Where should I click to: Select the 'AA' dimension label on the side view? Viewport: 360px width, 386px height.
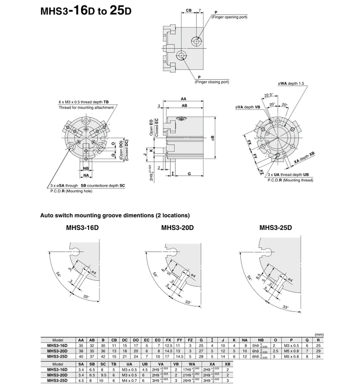point(183,99)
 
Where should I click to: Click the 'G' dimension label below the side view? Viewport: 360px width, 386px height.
point(189,174)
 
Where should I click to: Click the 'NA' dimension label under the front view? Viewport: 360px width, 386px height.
point(86,175)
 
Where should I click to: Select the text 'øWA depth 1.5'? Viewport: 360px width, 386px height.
point(291,83)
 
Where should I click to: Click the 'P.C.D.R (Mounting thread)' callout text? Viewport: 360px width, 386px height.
point(290,180)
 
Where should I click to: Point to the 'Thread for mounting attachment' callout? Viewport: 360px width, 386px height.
point(86,108)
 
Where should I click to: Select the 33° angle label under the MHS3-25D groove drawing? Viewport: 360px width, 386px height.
point(285,307)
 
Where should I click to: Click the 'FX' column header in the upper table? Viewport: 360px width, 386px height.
point(169,340)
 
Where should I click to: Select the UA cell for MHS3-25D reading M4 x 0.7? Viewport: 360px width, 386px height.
point(129,380)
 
